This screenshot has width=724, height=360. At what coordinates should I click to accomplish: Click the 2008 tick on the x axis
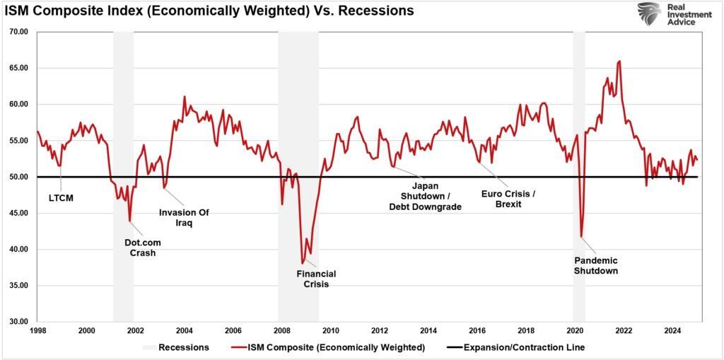281,330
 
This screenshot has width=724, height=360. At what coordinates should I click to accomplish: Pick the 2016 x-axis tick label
477,330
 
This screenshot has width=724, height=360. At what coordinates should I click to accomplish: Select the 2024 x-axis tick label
673,330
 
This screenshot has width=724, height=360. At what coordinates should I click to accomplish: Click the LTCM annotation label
61,199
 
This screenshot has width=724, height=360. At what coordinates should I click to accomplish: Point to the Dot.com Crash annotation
142,248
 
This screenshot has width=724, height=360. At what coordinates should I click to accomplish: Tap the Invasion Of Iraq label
184,217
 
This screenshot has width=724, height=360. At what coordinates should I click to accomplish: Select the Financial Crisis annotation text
316,279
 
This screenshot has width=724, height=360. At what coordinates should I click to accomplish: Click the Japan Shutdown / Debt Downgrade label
425,197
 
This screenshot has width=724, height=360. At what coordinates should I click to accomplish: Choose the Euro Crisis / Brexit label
508,198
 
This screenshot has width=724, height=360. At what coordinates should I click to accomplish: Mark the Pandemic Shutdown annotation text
595,265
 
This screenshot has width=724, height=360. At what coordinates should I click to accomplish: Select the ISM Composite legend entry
327,347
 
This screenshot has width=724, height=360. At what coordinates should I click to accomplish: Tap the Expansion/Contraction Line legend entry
515,347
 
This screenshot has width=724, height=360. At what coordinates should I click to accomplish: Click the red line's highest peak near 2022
619,61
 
